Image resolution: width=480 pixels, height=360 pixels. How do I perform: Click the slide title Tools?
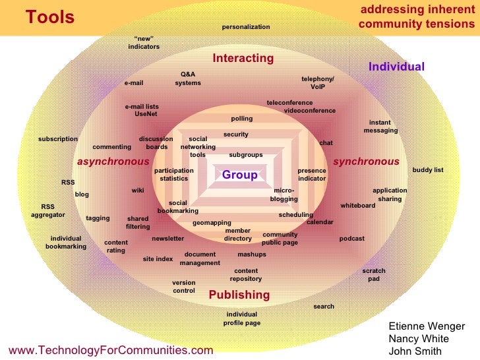pos(50,18)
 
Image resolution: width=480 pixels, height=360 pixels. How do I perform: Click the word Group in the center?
pos(239,175)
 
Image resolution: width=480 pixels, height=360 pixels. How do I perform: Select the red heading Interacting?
pos(243,59)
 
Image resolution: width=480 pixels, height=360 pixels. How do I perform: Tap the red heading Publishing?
pos(239,295)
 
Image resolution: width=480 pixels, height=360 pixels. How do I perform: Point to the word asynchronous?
pos(113,162)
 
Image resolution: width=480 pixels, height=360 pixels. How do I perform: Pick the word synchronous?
pos(366,162)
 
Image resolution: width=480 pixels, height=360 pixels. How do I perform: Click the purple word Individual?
pos(396,67)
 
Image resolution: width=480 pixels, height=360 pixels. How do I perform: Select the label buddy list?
pos(428,170)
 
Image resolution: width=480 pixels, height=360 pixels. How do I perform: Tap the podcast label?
pos(351,239)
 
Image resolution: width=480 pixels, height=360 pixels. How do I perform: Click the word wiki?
pos(138,191)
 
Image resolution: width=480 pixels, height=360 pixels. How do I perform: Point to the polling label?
pos(241,119)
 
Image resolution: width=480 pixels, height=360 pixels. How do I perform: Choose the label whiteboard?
pos(357,206)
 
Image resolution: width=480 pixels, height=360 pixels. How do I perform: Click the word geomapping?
pos(212,223)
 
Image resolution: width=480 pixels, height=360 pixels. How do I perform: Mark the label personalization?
pos(246,27)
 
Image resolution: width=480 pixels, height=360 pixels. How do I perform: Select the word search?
pos(324,307)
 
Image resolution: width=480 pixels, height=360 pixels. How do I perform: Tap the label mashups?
pos(252,255)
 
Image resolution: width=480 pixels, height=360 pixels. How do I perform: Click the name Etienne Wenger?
pos(427,326)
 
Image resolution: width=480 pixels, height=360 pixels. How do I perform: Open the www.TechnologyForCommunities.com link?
pos(111,350)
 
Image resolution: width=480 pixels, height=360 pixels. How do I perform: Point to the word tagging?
pos(98,218)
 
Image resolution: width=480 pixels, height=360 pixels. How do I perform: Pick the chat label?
pos(326,143)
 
